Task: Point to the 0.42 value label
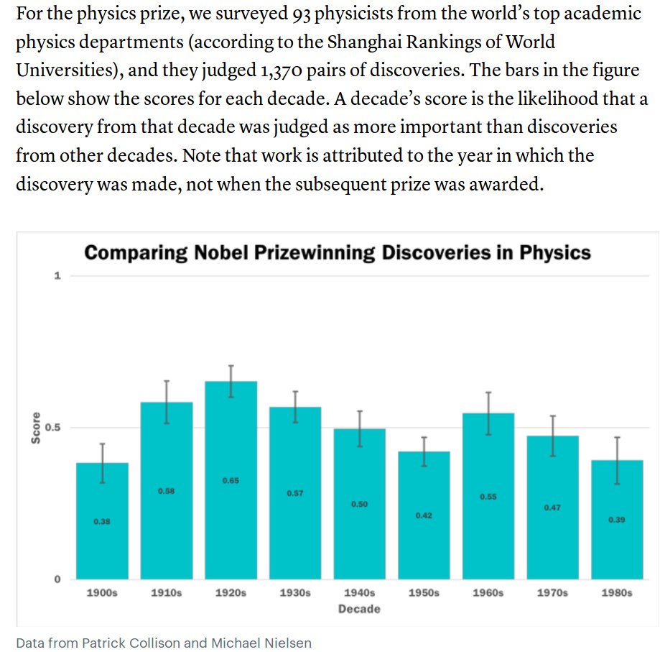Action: [x=424, y=515]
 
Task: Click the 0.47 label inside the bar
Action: [x=552, y=508]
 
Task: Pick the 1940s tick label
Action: [x=359, y=593]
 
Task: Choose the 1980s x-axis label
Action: [x=616, y=593]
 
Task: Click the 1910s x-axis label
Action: [x=166, y=593]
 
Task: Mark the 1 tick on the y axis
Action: [x=57, y=276]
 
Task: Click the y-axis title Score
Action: [x=34, y=428]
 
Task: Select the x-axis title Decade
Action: [x=359, y=609]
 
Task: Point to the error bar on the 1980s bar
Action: [x=617, y=460]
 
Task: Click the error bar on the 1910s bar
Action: [x=167, y=402]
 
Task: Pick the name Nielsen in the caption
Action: [x=287, y=643]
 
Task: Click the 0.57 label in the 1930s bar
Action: [x=295, y=494]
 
